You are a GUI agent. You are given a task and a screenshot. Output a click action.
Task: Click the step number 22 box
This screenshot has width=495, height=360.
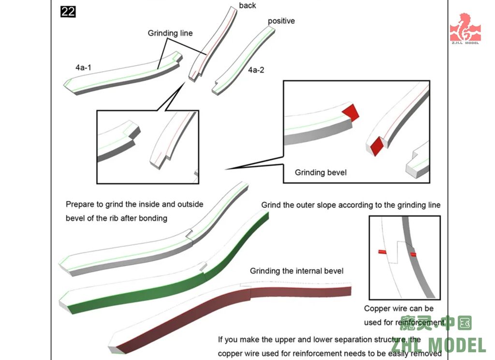pyautogui.click(x=68, y=11)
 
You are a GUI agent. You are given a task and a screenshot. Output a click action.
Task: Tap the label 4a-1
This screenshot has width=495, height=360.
pyautogui.click(x=83, y=68)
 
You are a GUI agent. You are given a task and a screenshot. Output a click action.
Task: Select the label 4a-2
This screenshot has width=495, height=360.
pyautogui.click(x=256, y=70)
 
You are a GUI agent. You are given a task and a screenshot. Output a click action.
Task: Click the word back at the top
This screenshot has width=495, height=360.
pyautogui.click(x=247, y=6)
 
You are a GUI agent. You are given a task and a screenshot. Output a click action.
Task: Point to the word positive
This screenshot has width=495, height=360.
pyautogui.click(x=281, y=21)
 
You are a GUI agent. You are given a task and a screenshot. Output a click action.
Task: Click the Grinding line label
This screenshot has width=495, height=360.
pyautogui.click(x=170, y=33)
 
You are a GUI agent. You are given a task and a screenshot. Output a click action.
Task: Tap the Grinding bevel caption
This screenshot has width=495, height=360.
pyautogui.click(x=320, y=172)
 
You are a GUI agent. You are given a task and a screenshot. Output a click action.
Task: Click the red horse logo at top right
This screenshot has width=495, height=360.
pyautogui.click(x=465, y=28)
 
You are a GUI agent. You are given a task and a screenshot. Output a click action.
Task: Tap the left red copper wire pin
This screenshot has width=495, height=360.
pyautogui.click(x=382, y=252)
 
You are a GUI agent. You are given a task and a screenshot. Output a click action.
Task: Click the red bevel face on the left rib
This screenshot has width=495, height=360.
pyautogui.click(x=350, y=112)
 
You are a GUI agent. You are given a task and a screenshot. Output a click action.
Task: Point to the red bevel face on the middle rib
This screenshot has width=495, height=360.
pyautogui.click(x=376, y=146)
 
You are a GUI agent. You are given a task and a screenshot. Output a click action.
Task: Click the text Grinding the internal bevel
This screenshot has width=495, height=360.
pyautogui.click(x=296, y=271)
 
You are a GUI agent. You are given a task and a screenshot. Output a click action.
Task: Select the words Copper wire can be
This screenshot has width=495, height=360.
pyautogui.click(x=398, y=309)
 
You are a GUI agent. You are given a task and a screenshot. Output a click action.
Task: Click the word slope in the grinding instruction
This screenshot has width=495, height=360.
pyautogui.click(x=324, y=205)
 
